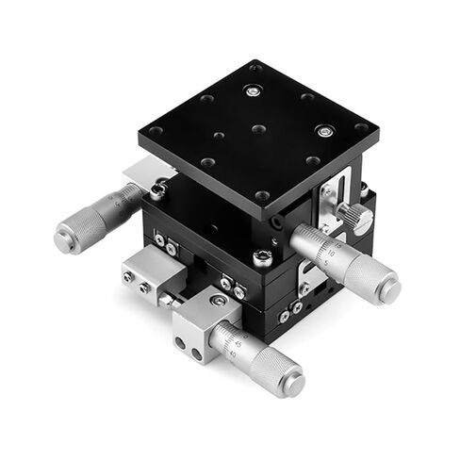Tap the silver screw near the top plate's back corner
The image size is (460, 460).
tap(250, 90)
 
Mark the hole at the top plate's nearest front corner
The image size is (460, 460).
tap(263, 195)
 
